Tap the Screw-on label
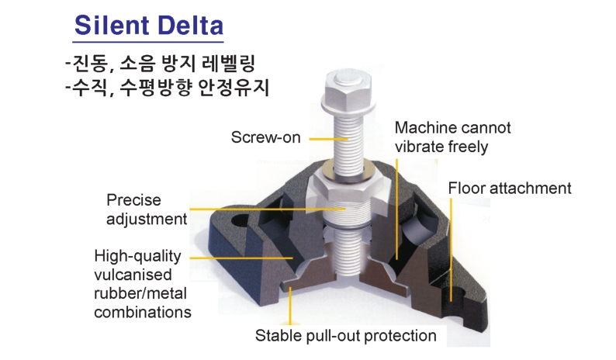point(266,137)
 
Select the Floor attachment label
point(509,188)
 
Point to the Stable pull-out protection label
point(346,336)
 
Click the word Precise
point(133,200)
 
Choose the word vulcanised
point(133,275)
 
